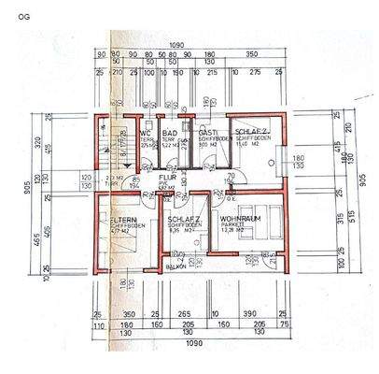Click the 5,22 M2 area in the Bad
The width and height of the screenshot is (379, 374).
point(169,145)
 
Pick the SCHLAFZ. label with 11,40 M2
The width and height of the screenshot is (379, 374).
point(251,132)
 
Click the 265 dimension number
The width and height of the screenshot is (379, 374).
point(185,315)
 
